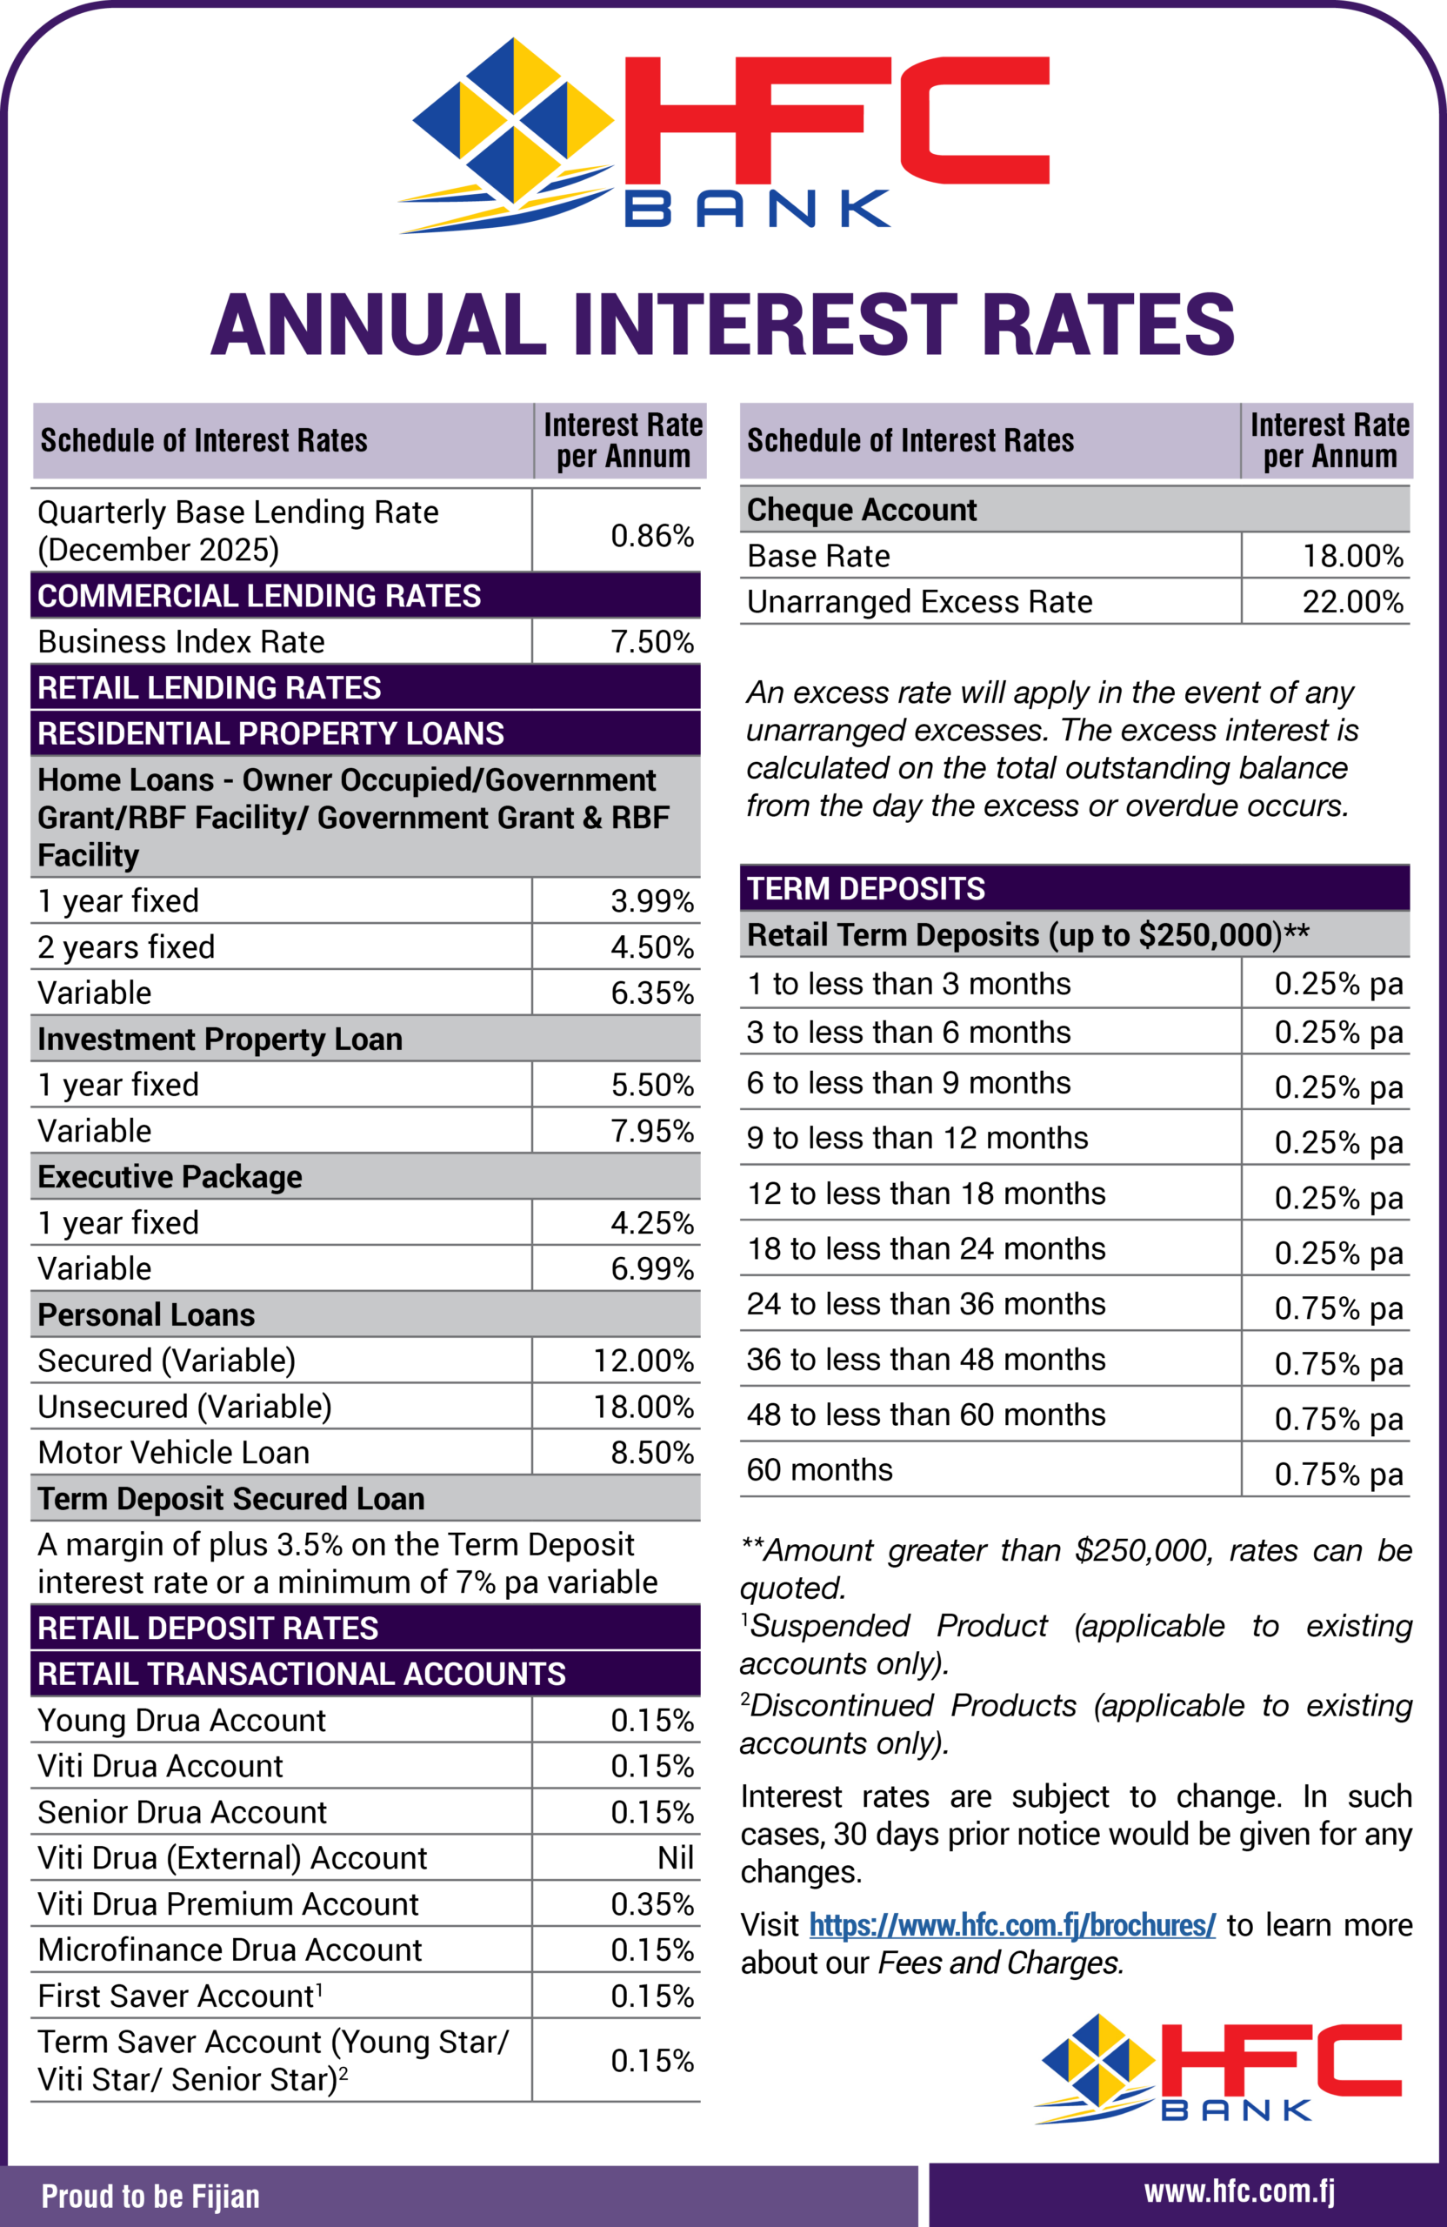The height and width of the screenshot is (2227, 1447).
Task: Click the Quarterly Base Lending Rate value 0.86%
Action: [x=652, y=535]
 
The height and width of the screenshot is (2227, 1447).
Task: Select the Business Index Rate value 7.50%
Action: [x=652, y=642]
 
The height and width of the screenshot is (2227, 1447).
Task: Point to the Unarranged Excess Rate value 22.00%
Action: [x=1352, y=602]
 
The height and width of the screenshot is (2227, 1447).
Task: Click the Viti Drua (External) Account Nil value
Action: [x=676, y=1857]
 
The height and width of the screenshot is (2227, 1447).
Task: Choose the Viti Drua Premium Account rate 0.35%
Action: [x=652, y=1904]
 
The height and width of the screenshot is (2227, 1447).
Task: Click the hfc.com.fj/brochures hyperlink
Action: [x=1012, y=1925]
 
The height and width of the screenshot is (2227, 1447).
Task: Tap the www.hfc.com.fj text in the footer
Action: [x=1239, y=2191]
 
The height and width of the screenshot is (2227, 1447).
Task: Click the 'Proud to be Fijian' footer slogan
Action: [x=150, y=2197]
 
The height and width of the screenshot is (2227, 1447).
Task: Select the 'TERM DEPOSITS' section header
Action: [x=866, y=888]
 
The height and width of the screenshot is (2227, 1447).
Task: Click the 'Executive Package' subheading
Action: [x=170, y=1176]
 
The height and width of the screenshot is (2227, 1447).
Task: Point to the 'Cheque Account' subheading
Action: [x=862, y=510]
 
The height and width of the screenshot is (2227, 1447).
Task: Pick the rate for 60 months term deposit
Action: [x=1338, y=1475]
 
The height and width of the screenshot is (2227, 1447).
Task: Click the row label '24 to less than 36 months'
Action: [x=926, y=1303]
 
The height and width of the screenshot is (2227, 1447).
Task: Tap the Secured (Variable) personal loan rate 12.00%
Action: [x=643, y=1361]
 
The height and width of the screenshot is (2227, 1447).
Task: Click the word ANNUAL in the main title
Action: [x=379, y=324]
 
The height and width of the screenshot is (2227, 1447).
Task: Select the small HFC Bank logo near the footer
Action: [x=1217, y=2069]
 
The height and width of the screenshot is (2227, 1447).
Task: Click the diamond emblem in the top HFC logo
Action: [x=512, y=122]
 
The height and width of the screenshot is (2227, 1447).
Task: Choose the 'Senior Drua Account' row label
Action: [x=183, y=1811]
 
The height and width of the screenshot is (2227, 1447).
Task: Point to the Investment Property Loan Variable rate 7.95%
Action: [x=652, y=1130]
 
